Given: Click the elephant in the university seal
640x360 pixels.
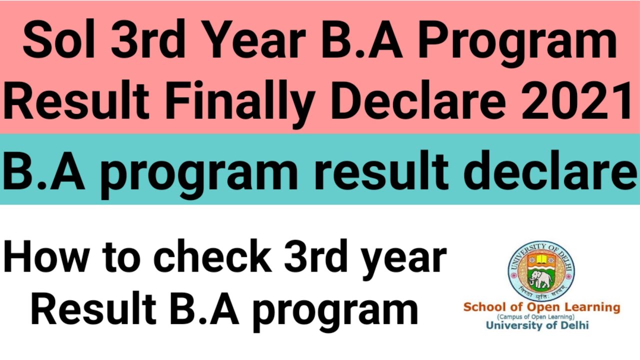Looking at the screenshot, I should tap(540, 280).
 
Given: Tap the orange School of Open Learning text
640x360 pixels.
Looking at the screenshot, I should tap(541, 307).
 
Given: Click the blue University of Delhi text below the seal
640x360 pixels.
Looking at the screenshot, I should tap(537, 325).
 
